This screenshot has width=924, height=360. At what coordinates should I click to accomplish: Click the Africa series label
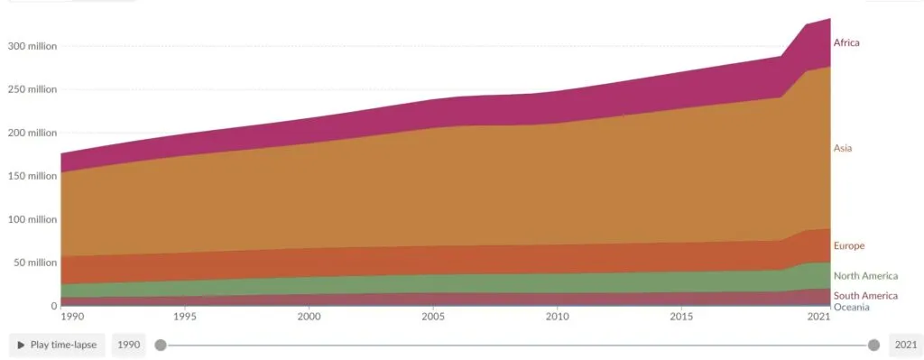(x=846, y=42)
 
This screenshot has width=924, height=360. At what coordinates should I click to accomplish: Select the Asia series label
(x=843, y=148)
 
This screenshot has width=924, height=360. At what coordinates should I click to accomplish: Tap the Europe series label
(x=849, y=245)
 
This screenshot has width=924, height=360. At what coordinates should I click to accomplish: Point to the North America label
(x=865, y=276)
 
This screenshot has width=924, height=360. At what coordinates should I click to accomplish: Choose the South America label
(x=865, y=296)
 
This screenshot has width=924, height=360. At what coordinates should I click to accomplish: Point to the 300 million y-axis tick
(x=32, y=46)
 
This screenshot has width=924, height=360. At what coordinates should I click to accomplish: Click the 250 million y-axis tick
(x=32, y=89)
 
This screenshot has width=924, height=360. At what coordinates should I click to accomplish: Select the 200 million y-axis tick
(x=32, y=133)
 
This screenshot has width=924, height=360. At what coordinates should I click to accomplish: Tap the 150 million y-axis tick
(x=32, y=176)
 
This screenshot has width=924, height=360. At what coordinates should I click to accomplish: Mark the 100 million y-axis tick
(x=32, y=219)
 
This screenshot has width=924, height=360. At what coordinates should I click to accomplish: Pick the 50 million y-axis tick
(x=34, y=263)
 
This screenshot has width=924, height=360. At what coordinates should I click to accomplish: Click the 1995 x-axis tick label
(x=184, y=317)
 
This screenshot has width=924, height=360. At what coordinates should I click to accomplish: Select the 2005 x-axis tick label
(x=433, y=317)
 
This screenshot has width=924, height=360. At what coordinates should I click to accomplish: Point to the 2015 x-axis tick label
(x=681, y=317)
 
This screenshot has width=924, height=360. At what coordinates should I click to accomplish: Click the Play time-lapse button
(x=58, y=345)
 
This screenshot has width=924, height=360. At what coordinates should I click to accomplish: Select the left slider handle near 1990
(x=161, y=345)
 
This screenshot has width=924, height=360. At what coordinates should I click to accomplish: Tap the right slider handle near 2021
(x=873, y=345)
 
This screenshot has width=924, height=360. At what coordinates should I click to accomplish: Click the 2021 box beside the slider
(x=904, y=345)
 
